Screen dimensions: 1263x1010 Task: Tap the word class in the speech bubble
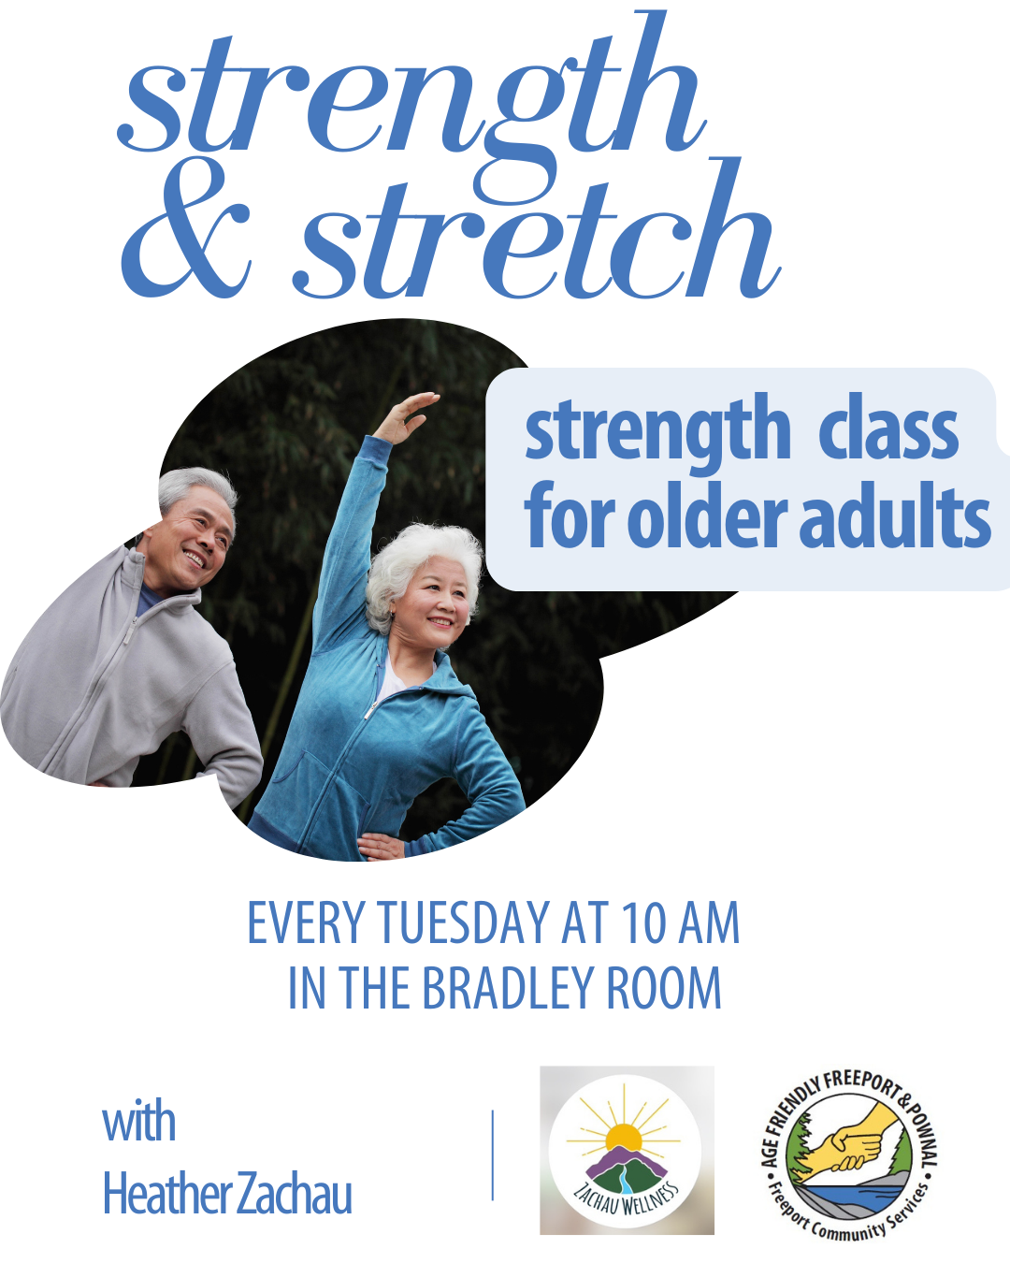coord(888,430)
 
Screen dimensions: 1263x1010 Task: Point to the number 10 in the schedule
coord(643,923)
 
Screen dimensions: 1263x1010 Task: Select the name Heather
coord(167,1194)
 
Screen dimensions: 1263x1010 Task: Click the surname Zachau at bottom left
coord(295,1194)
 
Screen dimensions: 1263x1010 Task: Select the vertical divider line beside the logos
coord(492,1154)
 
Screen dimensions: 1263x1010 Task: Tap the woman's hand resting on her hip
coord(382,846)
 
